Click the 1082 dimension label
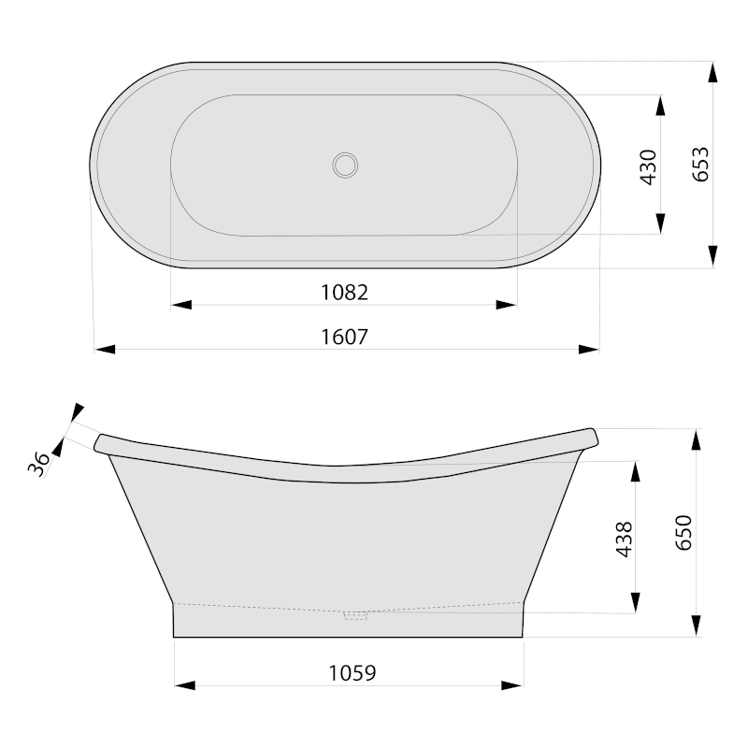(x=344, y=293)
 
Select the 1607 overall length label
(x=344, y=337)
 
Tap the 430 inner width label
(x=648, y=167)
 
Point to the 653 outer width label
(x=700, y=165)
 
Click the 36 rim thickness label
(x=38, y=464)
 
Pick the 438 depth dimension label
(x=625, y=539)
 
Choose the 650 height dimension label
(x=683, y=533)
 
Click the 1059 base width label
(x=352, y=673)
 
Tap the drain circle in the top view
(x=345, y=165)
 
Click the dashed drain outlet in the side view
(x=356, y=615)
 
